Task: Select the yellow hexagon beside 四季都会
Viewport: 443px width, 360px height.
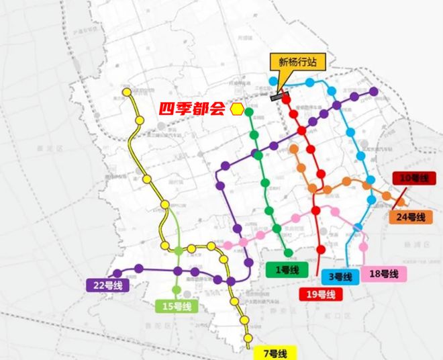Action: pyautogui.click(x=236, y=109)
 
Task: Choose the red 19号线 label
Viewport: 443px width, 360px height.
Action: pyautogui.click(x=321, y=294)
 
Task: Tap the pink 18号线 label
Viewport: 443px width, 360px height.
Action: pyautogui.click(x=384, y=273)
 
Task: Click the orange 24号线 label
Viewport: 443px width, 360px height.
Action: pyautogui.click(x=407, y=217)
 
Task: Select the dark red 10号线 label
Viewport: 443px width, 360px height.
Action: pyautogui.click(x=411, y=178)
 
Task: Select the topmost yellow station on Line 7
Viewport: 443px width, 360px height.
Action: pyautogui.click(x=126, y=93)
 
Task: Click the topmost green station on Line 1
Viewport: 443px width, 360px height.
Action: pyautogui.click(x=249, y=111)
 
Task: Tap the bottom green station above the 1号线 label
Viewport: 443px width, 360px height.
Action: pyautogui.click(x=289, y=253)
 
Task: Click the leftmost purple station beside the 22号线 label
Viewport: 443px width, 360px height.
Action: pyautogui.click(x=117, y=273)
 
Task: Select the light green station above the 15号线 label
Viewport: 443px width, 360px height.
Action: pyautogui.click(x=177, y=290)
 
